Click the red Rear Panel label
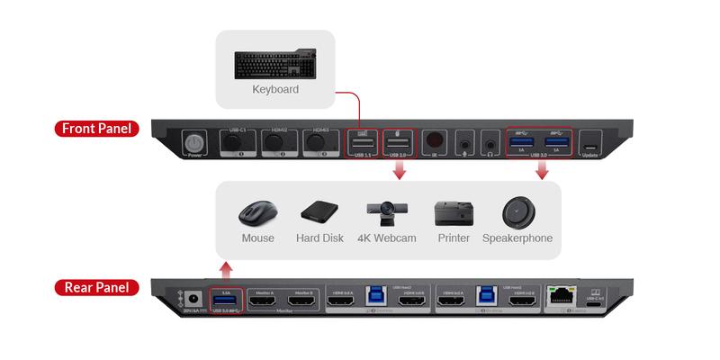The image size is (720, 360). [x=94, y=288]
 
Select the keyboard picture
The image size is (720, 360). [x=275, y=64]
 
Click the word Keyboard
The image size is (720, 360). [x=275, y=90]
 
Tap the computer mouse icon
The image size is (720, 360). [x=257, y=213]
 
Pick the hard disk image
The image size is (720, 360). [x=319, y=213]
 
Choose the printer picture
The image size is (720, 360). [x=454, y=213]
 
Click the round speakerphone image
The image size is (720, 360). [x=517, y=212]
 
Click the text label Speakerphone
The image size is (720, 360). [x=517, y=238]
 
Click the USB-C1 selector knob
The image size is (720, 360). [x=229, y=142]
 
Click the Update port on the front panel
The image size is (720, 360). [x=589, y=145]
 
